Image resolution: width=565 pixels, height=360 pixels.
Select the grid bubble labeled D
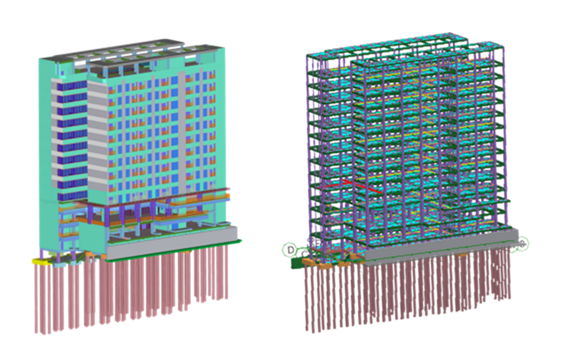290,249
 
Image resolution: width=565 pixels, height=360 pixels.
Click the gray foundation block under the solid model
171,242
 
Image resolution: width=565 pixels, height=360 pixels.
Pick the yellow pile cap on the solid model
42,260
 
